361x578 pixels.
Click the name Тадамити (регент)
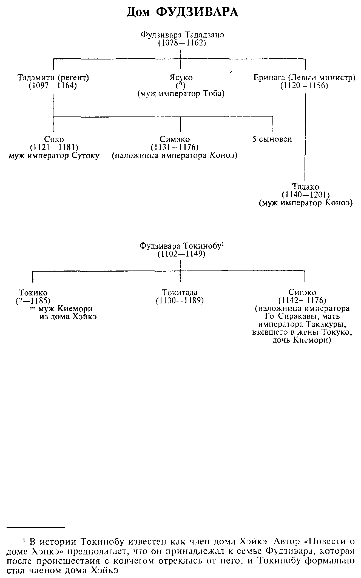pyautogui.click(x=53, y=78)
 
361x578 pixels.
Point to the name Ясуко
pyautogui.click(x=181, y=78)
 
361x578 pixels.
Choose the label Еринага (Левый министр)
pyautogui.click(x=304, y=78)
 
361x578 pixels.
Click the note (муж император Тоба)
pyautogui.click(x=181, y=94)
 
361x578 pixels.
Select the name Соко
pyautogui.click(x=54, y=139)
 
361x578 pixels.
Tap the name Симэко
pyautogui.click(x=175, y=139)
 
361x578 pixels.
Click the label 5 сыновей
pyautogui.click(x=272, y=139)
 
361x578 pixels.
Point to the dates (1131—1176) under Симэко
pyautogui.click(x=175, y=147)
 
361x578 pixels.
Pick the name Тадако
pyautogui.click(x=305, y=187)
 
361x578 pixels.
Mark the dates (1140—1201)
pyautogui.click(x=305, y=195)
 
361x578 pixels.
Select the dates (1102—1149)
pyautogui.click(x=181, y=254)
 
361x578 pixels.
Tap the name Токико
pyautogui.click(x=33, y=293)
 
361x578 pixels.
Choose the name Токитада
pyautogui.click(x=180, y=293)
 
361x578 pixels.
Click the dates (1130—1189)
pyautogui.click(x=180, y=301)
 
